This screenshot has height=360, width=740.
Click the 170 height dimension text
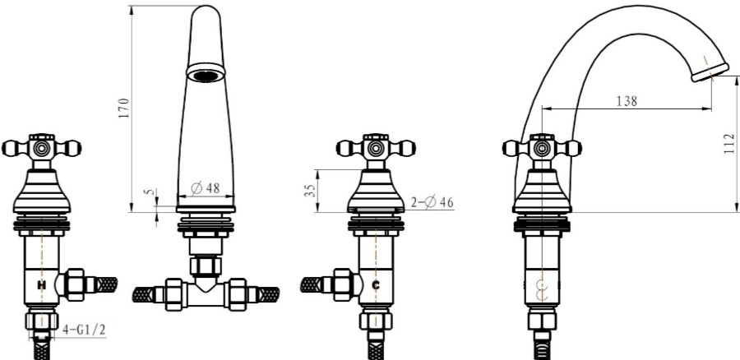pos(123,108)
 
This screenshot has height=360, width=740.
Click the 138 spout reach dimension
pos(627,101)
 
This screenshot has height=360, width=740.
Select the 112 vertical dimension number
pos(729,144)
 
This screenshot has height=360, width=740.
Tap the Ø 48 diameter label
pos(206,187)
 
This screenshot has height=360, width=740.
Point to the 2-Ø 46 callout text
pos(432,202)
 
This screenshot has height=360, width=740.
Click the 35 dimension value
pos(310,191)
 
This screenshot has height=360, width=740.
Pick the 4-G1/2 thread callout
pos(84,330)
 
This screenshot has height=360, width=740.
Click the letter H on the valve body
pos(42,285)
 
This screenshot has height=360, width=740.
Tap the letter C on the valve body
pos(376,285)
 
